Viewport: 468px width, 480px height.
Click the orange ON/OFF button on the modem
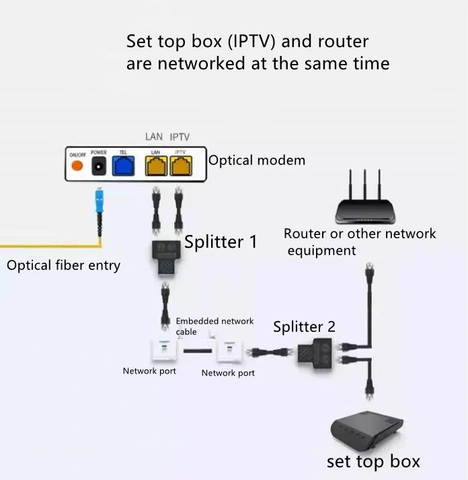(77, 166)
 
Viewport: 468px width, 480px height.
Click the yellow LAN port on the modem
(155, 166)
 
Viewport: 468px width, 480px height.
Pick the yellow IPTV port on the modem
(180, 166)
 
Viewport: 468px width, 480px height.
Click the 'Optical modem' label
(256, 161)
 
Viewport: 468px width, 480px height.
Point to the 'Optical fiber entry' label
(63, 265)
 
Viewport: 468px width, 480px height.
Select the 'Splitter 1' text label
(221, 242)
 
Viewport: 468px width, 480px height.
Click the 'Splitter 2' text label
(304, 327)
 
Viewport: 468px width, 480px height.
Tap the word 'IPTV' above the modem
(180, 137)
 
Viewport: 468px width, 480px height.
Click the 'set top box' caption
(373, 462)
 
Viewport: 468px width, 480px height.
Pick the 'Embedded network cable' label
(214, 326)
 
